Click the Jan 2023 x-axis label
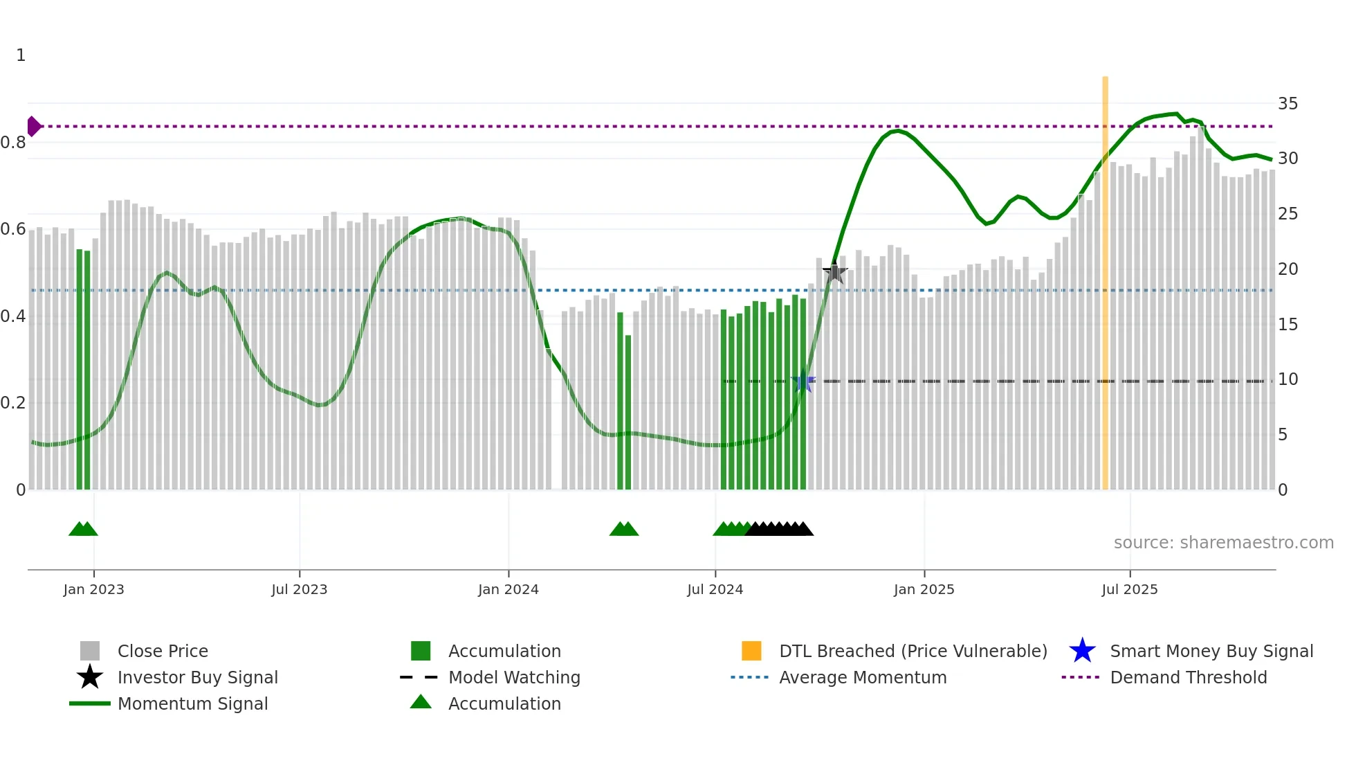93,589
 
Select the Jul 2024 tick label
715,589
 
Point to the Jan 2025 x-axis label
924,589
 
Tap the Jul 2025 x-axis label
1129,589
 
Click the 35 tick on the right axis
1288,104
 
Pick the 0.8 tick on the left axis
13,143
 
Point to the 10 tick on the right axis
1288,379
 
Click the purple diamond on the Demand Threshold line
33,126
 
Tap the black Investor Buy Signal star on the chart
835,272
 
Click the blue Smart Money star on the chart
803,381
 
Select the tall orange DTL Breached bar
1105,277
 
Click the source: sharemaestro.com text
1223,543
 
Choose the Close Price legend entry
163,651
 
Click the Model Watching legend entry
514,677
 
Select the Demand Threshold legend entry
1188,677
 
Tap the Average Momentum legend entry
863,677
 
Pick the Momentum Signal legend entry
192,703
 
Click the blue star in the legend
1082,651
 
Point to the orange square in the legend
751,651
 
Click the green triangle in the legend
421,702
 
